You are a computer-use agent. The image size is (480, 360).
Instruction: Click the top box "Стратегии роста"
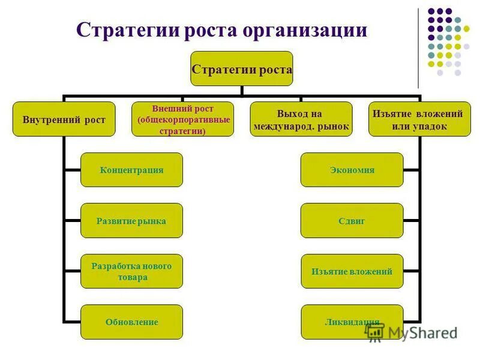point(242,69)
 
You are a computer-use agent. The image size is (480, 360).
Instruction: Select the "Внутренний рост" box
point(64,119)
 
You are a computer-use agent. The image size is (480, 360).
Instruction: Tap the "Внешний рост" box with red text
point(182,119)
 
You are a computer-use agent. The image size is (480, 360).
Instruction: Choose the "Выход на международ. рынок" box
point(301,119)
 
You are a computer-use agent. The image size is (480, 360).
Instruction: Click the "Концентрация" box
point(131,170)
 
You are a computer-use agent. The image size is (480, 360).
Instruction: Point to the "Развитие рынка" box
point(131,221)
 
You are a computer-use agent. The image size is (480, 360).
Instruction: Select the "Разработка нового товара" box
point(131,271)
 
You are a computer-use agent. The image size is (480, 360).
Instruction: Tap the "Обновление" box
point(131,322)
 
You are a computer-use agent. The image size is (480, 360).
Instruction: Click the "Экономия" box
point(352,170)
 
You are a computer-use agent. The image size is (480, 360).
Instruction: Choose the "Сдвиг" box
point(352,221)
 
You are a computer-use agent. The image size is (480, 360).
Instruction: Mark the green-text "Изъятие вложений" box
point(352,271)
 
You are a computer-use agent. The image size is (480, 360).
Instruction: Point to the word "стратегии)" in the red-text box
point(182,131)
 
